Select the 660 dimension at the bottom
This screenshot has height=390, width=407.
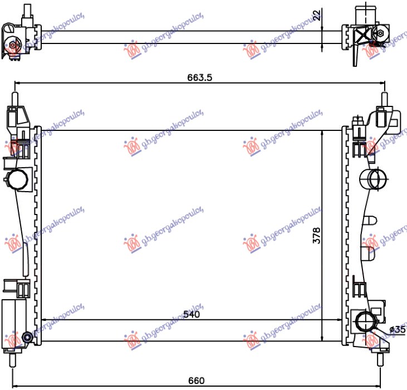196,381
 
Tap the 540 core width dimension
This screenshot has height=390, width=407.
191,314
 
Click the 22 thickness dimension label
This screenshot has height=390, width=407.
317,15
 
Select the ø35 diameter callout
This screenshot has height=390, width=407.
398,329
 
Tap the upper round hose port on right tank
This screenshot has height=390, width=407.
371,179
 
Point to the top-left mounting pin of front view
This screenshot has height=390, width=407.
14,98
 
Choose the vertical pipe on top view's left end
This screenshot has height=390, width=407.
26,11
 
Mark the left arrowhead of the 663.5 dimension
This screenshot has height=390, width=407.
17,84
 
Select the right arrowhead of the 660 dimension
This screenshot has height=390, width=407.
381,385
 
